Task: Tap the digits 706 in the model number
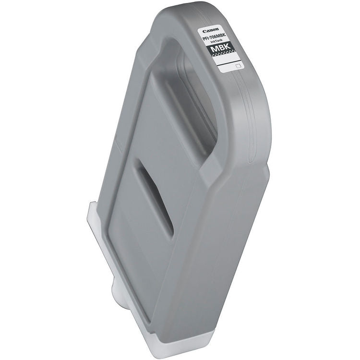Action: click(214, 37)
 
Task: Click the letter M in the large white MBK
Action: click(214, 49)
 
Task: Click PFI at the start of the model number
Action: click(205, 38)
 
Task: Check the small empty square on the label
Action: click(238, 62)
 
